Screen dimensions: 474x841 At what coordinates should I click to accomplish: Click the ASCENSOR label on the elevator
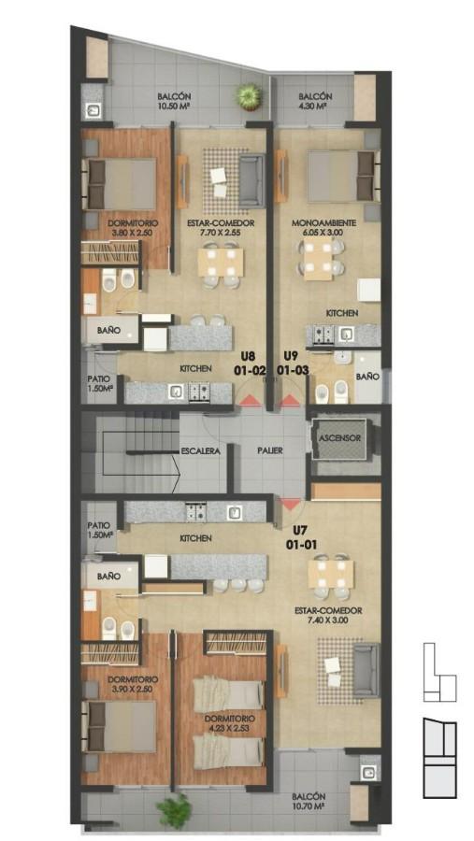pyautogui.click(x=339, y=437)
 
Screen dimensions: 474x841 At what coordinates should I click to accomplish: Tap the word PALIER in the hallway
pyautogui.click(x=269, y=450)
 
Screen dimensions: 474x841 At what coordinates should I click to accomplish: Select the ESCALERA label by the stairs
pyautogui.click(x=201, y=451)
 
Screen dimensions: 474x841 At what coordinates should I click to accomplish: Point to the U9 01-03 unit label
pyautogui.click(x=294, y=363)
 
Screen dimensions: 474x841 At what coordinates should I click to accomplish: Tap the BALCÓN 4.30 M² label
pyautogui.click(x=315, y=101)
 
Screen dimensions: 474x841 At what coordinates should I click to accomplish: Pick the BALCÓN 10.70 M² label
pyautogui.click(x=309, y=801)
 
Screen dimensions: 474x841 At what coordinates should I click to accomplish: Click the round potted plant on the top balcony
pyautogui.click(x=249, y=97)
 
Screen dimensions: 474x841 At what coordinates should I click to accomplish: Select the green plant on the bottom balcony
pyautogui.click(x=175, y=811)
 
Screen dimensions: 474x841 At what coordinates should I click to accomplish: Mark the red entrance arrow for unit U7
pyautogui.click(x=291, y=504)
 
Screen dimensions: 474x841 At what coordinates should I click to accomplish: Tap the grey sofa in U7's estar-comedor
pyautogui.click(x=366, y=670)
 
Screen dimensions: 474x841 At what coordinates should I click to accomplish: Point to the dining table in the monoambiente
pyautogui.click(x=317, y=260)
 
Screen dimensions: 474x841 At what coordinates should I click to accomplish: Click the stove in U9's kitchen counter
pyautogui.click(x=323, y=335)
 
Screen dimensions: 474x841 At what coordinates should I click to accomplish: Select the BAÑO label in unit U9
pyautogui.click(x=367, y=377)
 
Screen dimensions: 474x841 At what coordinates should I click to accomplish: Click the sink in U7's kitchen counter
pyautogui.click(x=234, y=512)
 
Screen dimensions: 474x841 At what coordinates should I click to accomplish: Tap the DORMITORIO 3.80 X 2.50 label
pyautogui.click(x=133, y=227)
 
